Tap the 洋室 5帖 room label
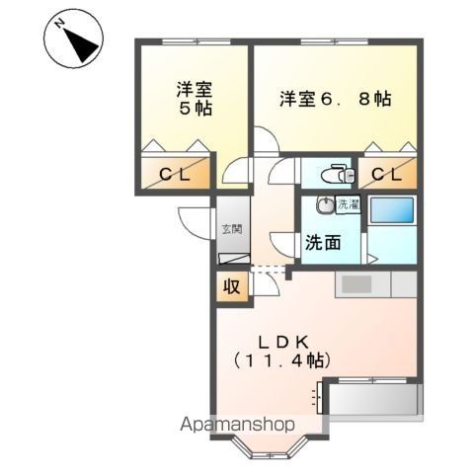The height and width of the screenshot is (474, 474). click(x=194, y=98)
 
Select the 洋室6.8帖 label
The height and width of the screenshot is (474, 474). click(x=335, y=99)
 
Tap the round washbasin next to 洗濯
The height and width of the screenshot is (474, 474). click(x=323, y=207)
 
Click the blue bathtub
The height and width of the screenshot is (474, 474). click(x=392, y=212)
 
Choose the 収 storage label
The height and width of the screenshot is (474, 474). click(x=230, y=287)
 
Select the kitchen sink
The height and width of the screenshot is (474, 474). click(x=357, y=284)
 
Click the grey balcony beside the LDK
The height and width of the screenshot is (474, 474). click(x=374, y=403)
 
